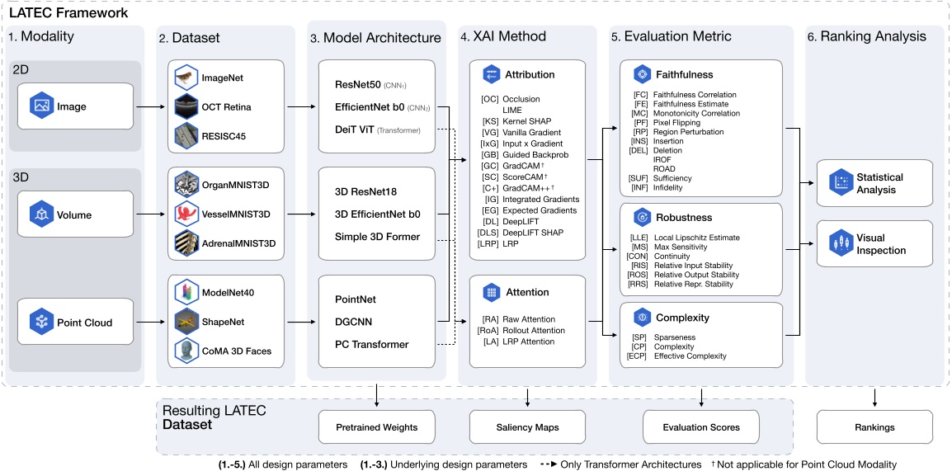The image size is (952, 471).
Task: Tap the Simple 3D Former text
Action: pos(377,237)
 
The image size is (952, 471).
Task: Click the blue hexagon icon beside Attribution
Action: pos(492,74)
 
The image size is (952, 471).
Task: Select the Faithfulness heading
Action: pos(684,73)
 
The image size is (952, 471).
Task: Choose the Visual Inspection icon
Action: pos(839,244)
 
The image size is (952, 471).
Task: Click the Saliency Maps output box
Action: pos(527,427)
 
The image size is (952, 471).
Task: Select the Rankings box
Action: pos(874,427)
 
